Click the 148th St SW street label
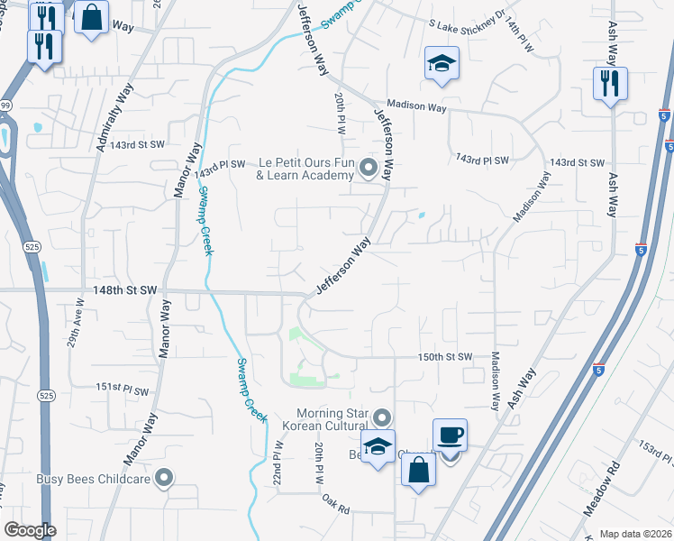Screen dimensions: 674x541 tap(125, 290)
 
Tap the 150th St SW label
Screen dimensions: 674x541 tap(445, 357)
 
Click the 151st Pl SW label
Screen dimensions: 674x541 tap(122, 389)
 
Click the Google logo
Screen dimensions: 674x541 tap(30, 530)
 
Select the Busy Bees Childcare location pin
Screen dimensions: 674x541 tap(164, 478)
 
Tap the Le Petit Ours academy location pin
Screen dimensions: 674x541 tap(368, 167)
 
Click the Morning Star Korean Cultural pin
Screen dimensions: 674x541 tap(382, 417)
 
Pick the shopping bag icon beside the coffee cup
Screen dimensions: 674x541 tap(419, 470)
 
